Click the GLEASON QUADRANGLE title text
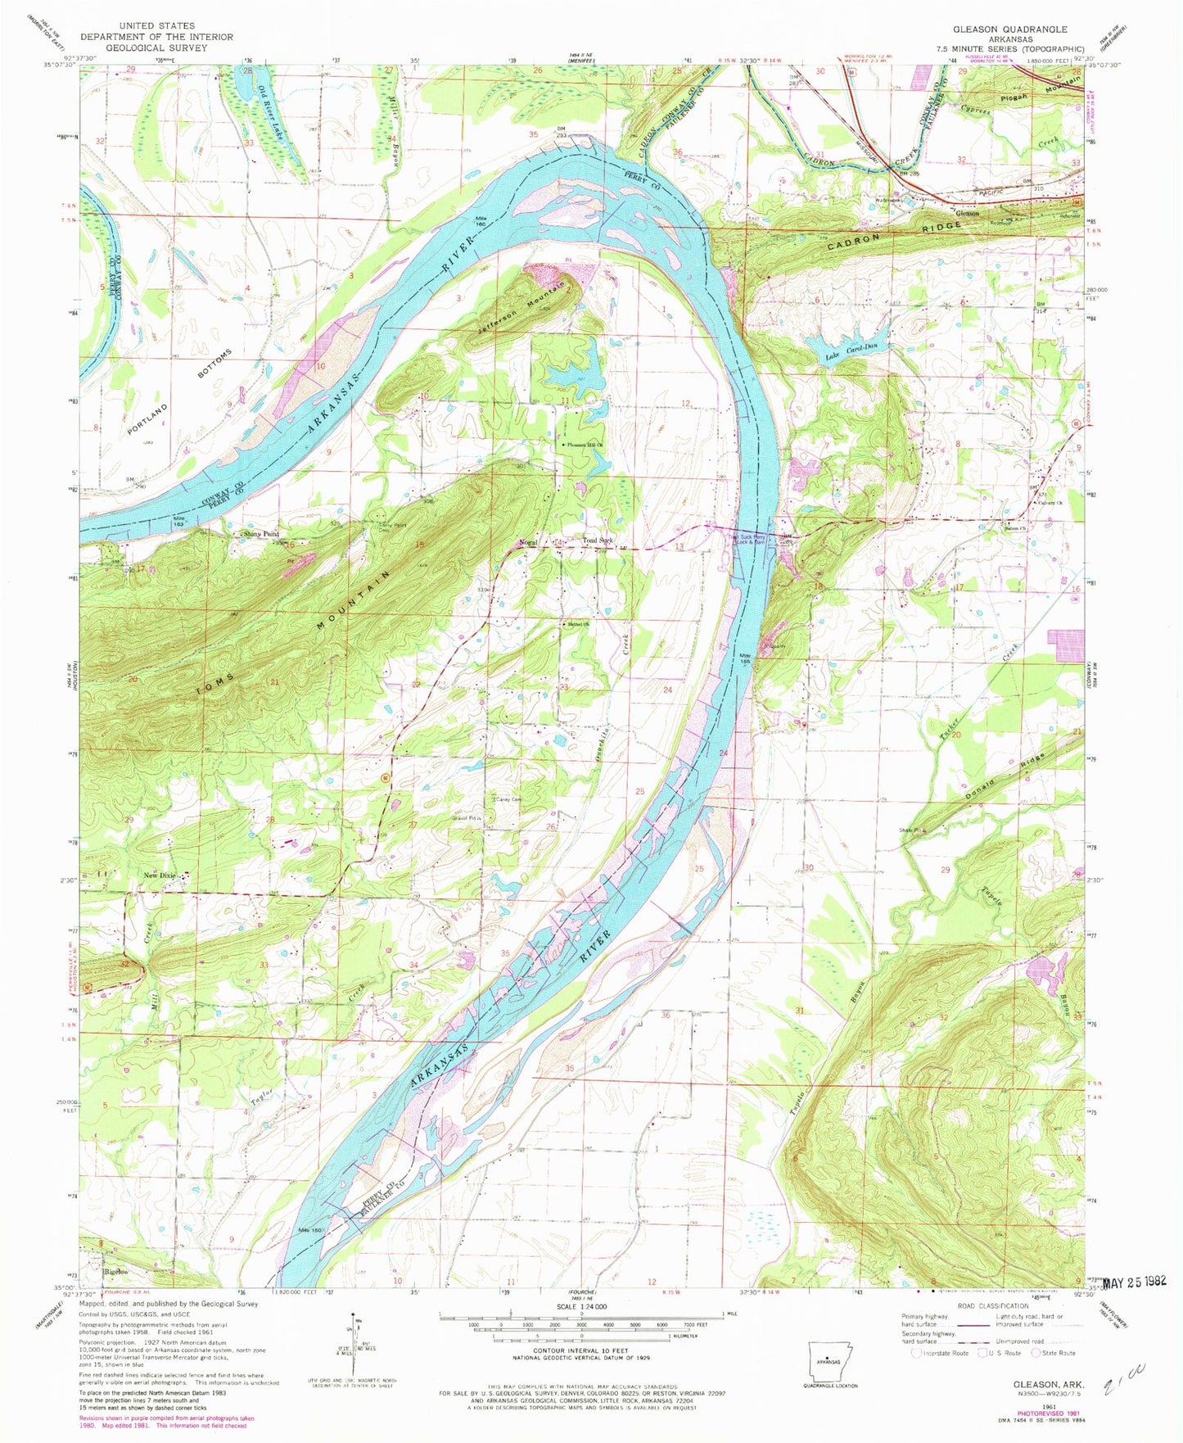click(1009, 29)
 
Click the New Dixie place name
click(160, 875)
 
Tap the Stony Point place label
click(260, 534)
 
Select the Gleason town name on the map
click(969, 213)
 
